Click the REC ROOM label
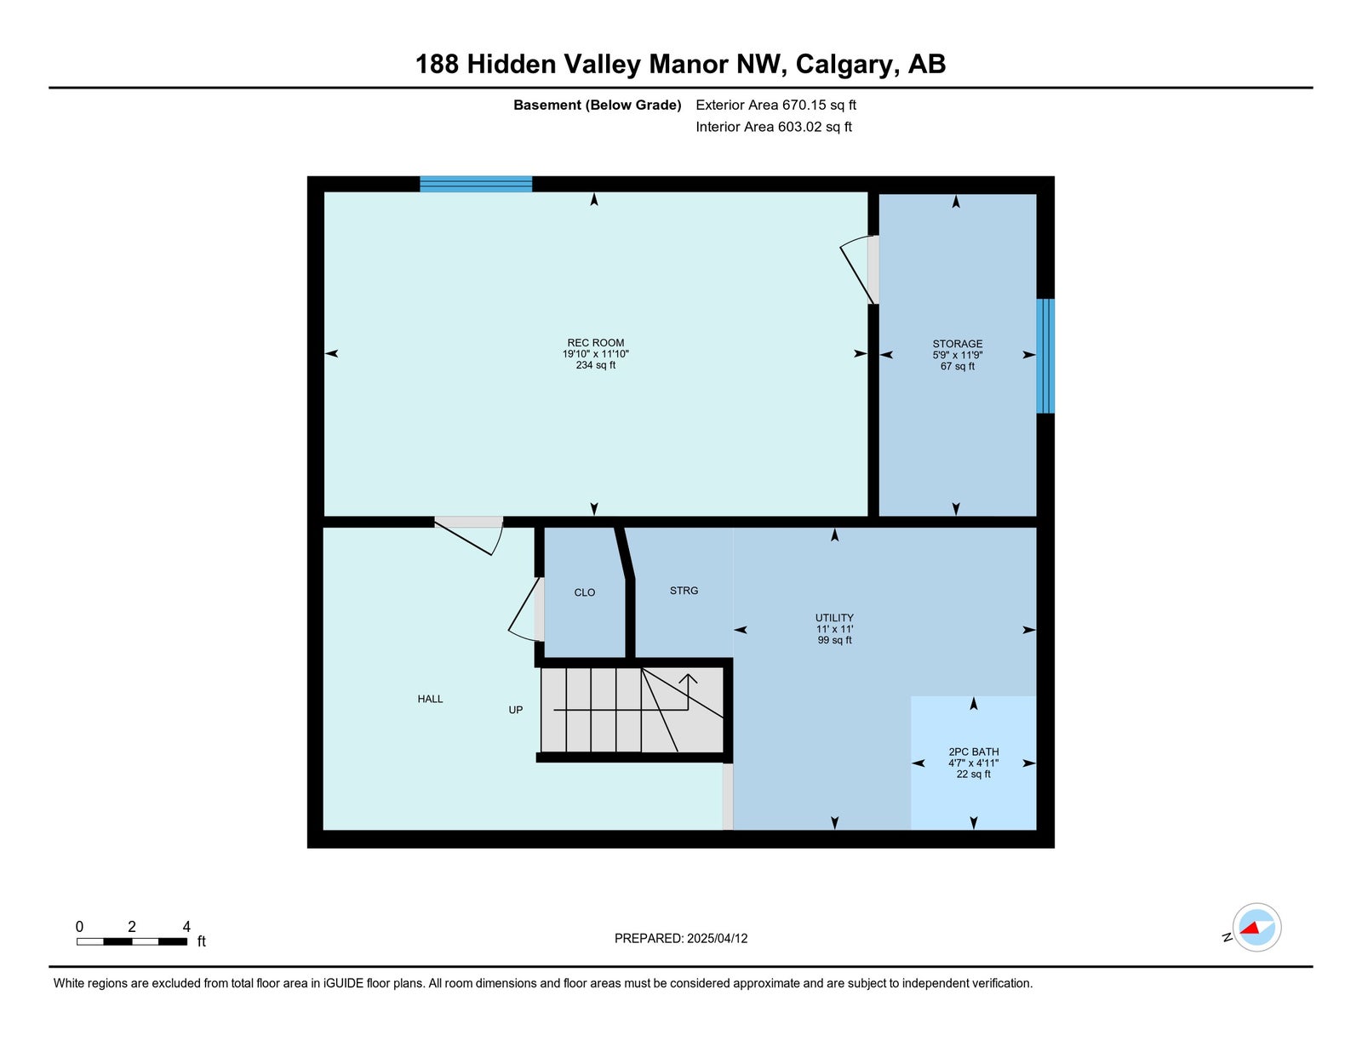point(595,343)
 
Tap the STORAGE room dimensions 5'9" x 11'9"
point(957,355)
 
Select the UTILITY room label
point(834,618)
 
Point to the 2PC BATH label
point(973,752)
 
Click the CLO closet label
point(585,592)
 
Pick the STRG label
point(684,591)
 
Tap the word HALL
point(430,700)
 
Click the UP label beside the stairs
point(515,710)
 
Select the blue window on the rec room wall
point(476,184)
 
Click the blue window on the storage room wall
point(1044,356)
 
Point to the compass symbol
point(1256,928)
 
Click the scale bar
point(132,941)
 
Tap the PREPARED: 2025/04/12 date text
point(681,939)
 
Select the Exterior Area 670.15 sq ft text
point(776,105)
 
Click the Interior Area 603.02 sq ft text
point(774,127)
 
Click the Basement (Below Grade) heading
point(598,105)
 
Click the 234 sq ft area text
point(595,365)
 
